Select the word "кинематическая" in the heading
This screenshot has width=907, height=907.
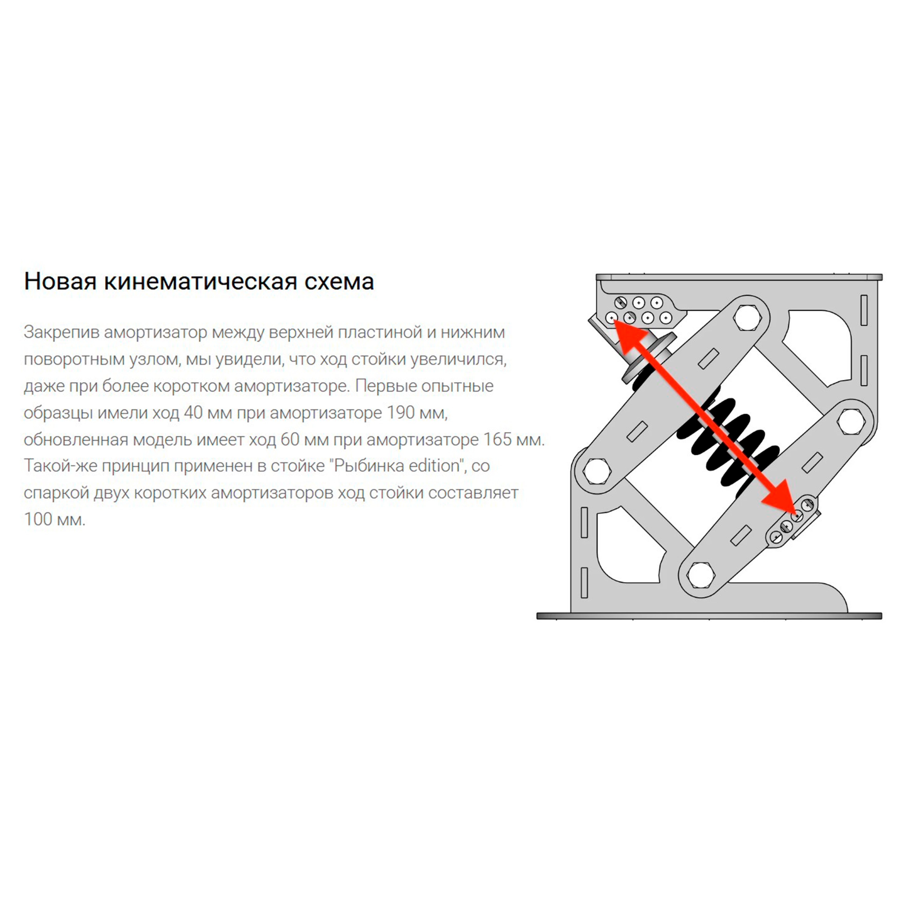[x=201, y=282]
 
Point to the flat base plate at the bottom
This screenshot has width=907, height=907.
[x=709, y=615]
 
